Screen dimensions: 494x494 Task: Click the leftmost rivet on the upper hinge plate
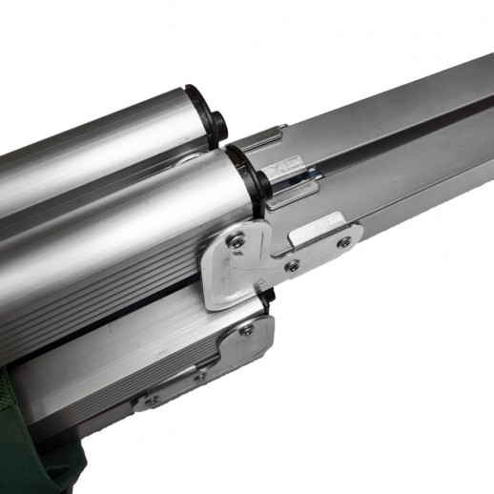(237, 242)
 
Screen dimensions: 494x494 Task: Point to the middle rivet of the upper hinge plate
(292, 265)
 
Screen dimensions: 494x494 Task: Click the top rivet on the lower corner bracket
(247, 329)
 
